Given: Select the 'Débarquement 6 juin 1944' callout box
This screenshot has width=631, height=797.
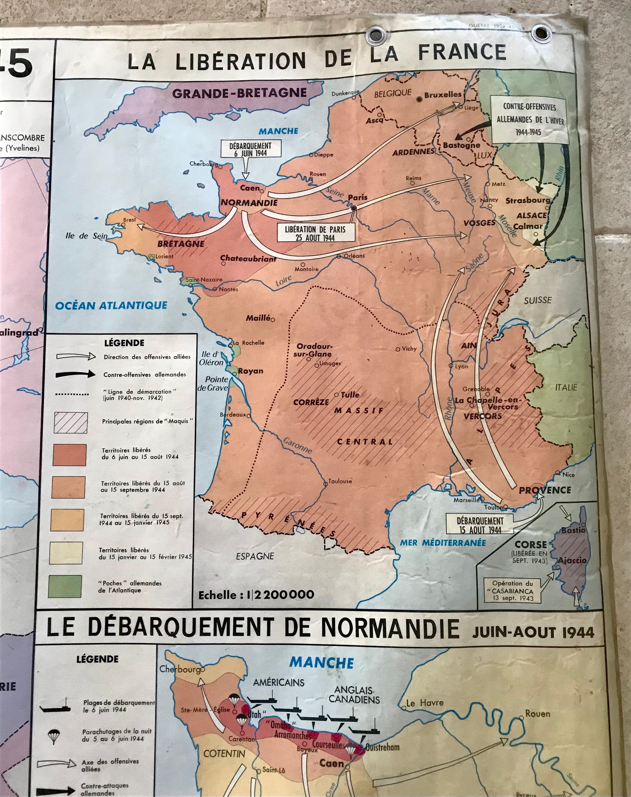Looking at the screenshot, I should pyautogui.click(x=250, y=149).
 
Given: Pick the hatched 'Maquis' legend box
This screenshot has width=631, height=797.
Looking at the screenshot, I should pyautogui.click(x=71, y=423).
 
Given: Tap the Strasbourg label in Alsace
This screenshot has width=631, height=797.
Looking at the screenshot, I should pyautogui.click(x=528, y=201).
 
